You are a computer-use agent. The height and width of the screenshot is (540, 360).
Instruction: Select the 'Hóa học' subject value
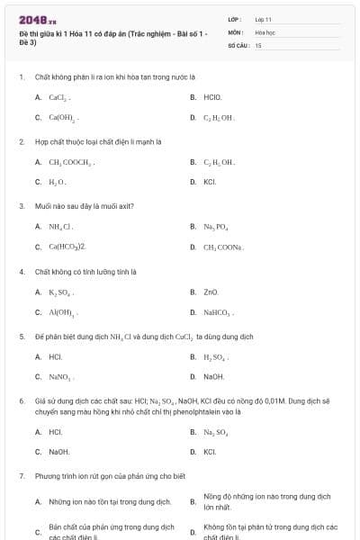(264, 31)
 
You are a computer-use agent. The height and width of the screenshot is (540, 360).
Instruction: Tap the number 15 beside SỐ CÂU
(258, 44)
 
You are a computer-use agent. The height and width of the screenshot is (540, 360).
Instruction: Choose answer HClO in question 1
(212, 96)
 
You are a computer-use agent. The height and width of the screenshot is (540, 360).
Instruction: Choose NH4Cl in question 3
(60, 227)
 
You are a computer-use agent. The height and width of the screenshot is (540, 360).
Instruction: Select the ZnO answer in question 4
(211, 292)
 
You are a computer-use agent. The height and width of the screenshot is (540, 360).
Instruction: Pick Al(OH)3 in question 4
(63, 312)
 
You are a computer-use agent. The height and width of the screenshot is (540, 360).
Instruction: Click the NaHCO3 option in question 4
(217, 312)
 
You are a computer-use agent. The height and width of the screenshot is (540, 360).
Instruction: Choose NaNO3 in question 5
(60, 377)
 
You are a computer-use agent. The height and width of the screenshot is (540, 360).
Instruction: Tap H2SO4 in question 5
(215, 356)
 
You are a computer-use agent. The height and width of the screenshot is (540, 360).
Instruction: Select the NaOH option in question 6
(58, 452)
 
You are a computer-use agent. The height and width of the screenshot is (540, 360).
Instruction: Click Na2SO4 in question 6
(216, 432)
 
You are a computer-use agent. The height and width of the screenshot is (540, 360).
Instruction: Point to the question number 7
(22, 475)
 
